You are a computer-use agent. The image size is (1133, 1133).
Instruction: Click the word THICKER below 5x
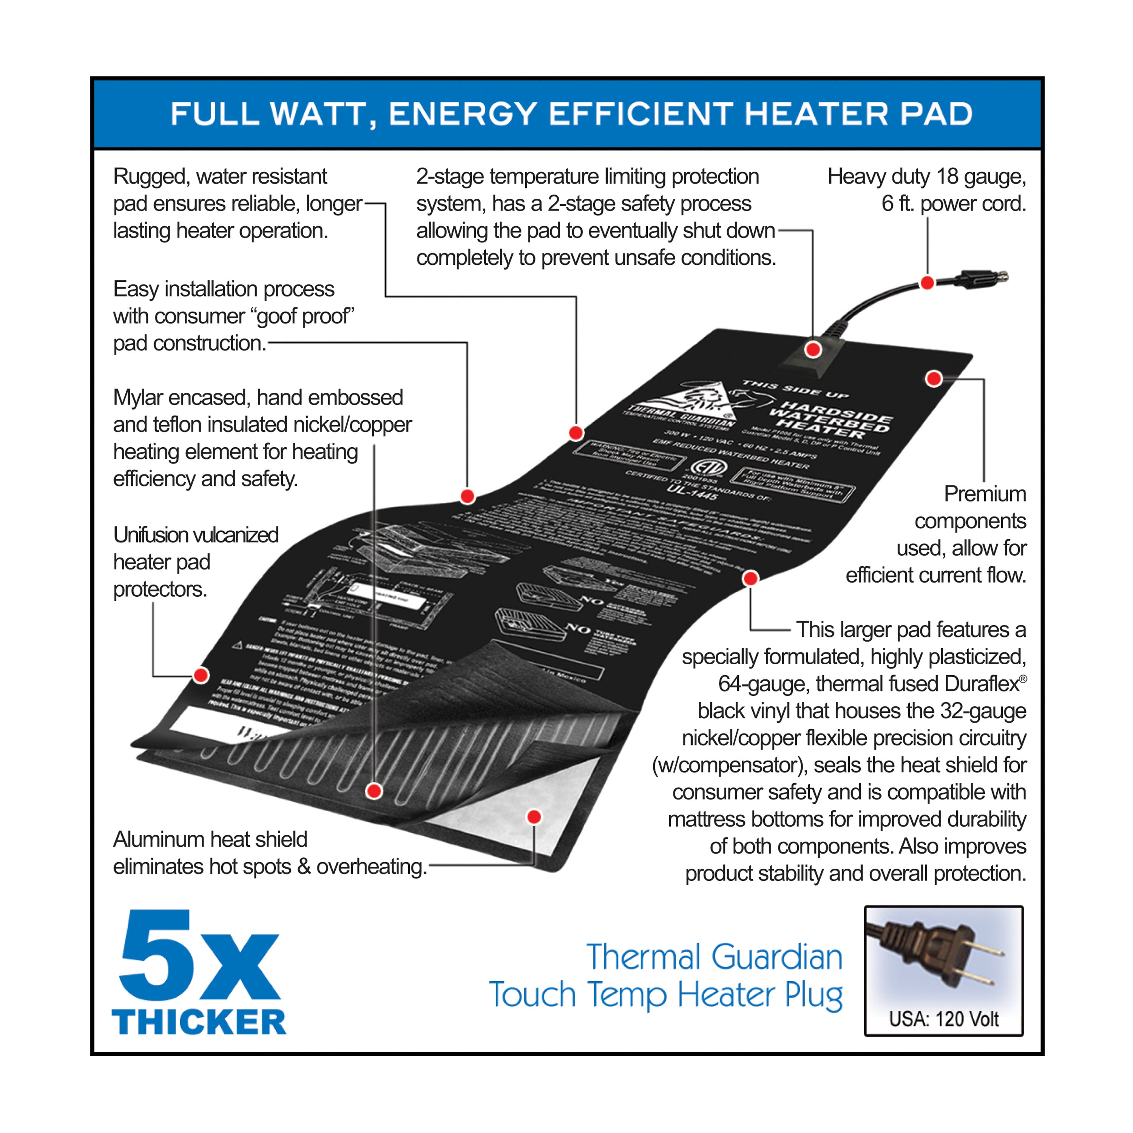[199, 1022]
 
